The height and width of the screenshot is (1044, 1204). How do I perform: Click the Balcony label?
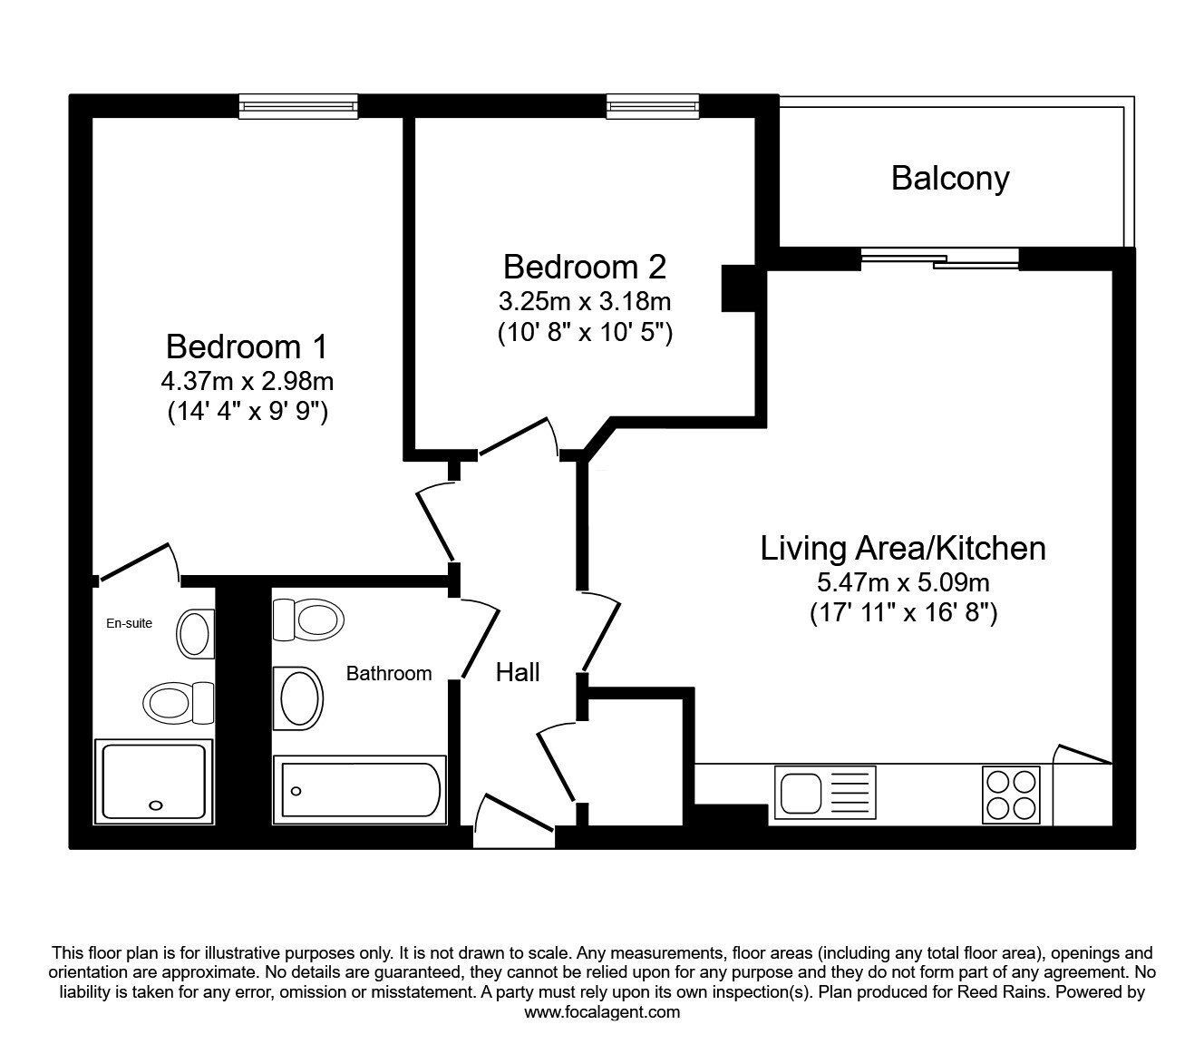[950, 179]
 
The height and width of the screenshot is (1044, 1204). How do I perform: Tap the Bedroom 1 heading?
[247, 346]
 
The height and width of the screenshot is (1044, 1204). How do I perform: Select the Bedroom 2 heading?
[585, 267]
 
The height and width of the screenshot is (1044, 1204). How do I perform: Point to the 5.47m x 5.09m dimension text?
[903, 582]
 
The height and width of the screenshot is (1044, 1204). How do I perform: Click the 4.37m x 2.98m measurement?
[247, 382]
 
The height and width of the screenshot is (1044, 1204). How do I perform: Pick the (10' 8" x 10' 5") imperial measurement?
[585, 334]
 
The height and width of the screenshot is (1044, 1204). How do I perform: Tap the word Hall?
[518, 673]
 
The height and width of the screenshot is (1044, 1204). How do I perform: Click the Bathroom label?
[389, 674]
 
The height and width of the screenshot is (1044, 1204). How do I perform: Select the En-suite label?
[130, 623]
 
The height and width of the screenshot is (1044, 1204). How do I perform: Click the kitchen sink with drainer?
[825, 792]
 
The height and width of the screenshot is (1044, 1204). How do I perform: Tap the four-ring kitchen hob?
[1011, 795]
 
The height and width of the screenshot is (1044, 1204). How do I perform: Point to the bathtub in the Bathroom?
[359, 790]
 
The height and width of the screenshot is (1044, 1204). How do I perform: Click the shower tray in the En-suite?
[154, 782]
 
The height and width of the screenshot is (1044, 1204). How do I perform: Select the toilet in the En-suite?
[179, 702]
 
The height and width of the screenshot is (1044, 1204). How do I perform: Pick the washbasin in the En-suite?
[196, 634]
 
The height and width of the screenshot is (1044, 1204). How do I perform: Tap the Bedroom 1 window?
[298, 106]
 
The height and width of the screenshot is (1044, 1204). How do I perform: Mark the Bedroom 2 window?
[653, 106]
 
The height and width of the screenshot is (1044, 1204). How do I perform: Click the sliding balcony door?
[940, 259]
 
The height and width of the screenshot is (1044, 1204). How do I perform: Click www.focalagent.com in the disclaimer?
[602, 1012]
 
